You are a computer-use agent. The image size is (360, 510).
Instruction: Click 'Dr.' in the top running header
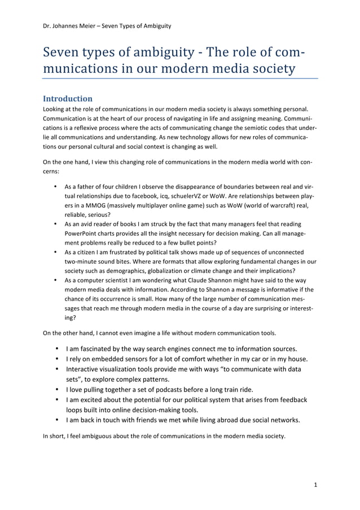point(47,25)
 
